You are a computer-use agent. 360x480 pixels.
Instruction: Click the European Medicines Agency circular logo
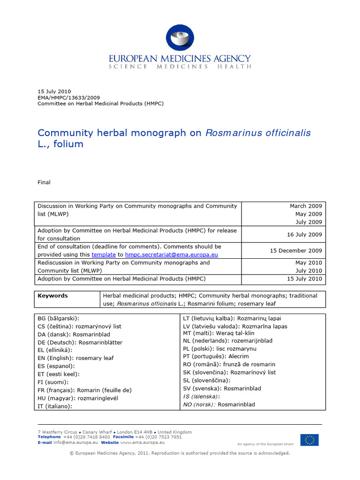point(180,38)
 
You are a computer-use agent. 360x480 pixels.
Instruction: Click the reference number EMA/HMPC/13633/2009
point(68,97)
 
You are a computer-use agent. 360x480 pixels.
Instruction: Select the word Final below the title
point(44,182)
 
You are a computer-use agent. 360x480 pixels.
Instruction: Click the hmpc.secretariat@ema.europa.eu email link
point(171,255)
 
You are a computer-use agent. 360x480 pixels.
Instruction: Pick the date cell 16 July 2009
point(304,234)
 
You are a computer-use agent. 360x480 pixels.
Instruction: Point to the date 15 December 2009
point(296,250)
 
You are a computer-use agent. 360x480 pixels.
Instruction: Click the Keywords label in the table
point(52,296)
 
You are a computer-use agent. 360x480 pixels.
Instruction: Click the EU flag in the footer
point(309,440)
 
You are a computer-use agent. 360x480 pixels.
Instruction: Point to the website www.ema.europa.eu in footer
point(143,442)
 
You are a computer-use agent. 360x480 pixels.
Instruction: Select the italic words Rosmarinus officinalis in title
point(258,133)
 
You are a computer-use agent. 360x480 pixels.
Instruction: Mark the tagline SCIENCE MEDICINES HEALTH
point(180,67)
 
